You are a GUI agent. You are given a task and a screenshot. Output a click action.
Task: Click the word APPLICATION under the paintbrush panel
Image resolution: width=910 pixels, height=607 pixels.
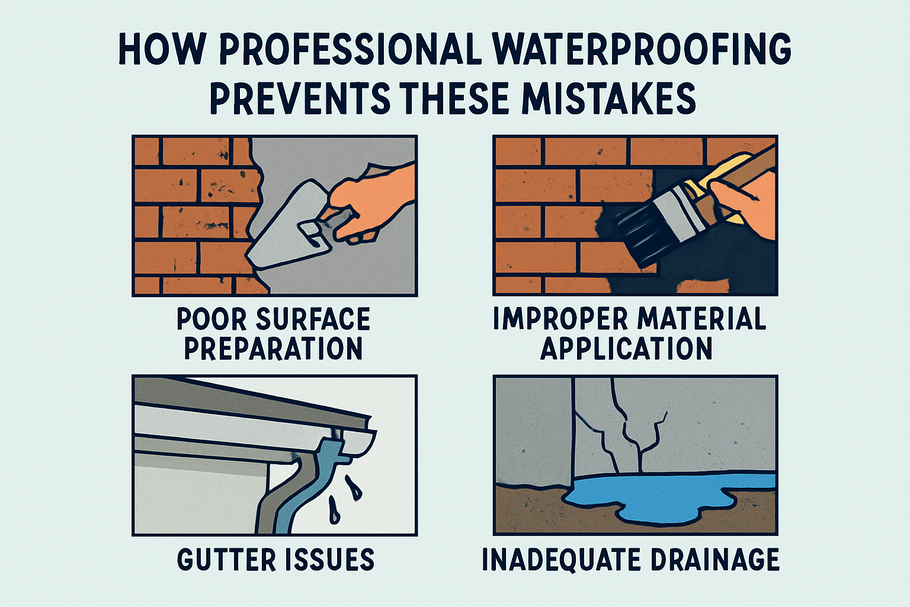click(626, 348)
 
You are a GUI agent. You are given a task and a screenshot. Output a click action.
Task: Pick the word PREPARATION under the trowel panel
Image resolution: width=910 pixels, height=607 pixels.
click(273, 348)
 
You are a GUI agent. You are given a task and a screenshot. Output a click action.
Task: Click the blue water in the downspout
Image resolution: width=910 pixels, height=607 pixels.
click(309, 484)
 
